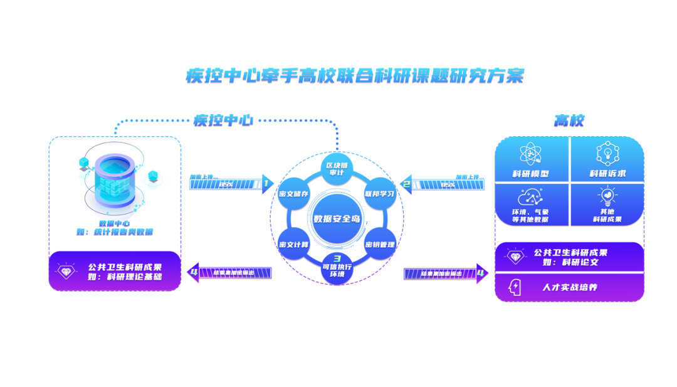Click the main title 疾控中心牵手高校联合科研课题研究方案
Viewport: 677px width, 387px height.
click(x=354, y=76)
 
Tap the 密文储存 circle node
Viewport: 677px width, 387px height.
click(x=293, y=194)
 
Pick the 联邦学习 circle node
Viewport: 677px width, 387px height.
click(x=380, y=194)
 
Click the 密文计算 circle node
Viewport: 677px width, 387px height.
click(x=293, y=244)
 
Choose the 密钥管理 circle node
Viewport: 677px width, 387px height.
click(x=380, y=244)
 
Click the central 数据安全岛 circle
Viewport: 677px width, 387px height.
click(x=337, y=219)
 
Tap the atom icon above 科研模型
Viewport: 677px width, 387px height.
click(x=530, y=154)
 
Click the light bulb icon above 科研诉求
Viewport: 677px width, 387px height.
click(x=607, y=154)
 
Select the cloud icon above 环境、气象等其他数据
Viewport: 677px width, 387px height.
click(x=530, y=198)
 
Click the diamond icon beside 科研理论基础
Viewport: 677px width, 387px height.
click(x=66, y=271)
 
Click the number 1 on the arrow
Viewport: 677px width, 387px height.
click(x=266, y=184)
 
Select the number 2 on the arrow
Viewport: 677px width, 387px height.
click(x=406, y=184)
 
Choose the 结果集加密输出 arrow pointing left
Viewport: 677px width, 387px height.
click(x=229, y=272)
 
